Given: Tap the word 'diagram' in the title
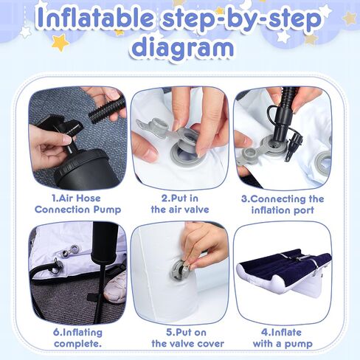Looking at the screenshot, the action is point(182,47).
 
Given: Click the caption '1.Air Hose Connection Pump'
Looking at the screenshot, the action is point(77,204).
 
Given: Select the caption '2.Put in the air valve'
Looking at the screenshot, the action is point(180,204).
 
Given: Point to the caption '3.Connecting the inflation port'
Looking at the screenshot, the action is point(283,204).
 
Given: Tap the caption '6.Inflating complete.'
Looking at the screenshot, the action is point(77,338).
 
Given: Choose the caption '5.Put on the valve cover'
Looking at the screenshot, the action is point(187,338).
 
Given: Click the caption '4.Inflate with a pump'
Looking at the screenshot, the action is point(283,338).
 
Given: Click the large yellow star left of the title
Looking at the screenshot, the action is point(60,42).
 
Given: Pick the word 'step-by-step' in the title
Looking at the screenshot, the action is point(242,18).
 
